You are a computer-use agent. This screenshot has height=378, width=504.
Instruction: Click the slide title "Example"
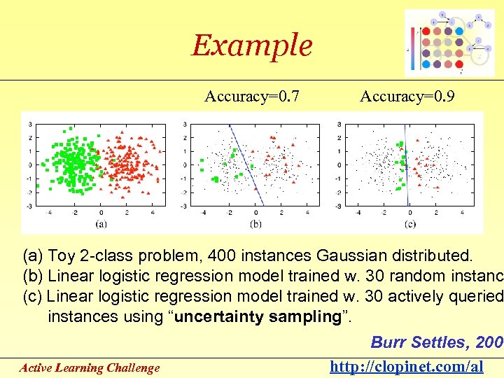tap(252, 45)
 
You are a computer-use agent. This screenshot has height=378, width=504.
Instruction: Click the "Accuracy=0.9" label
tap(407, 97)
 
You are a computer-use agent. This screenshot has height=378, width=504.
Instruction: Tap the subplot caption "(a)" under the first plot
tap(101, 224)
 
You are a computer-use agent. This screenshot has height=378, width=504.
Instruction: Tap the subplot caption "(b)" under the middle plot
tap(255, 224)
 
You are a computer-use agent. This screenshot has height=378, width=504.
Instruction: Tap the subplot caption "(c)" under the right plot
tap(409, 224)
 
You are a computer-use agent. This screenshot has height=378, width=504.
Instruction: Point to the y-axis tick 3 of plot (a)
tap(29, 125)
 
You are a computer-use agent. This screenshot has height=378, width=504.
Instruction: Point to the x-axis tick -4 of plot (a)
tap(49, 212)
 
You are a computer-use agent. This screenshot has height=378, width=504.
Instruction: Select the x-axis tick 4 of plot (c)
tap(463, 212)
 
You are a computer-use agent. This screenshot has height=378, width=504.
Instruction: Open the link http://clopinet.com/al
tap(407, 367)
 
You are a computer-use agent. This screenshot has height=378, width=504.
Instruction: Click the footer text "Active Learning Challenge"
tap(90, 367)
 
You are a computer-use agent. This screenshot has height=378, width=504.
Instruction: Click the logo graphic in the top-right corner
tap(449, 43)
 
